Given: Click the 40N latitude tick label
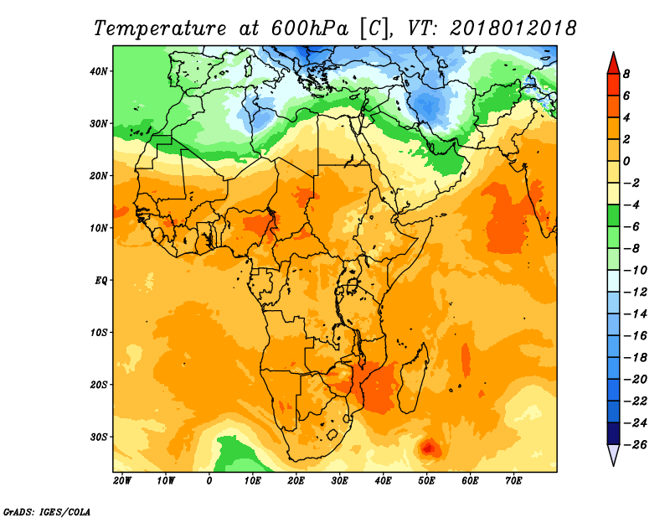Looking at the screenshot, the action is pyautogui.click(x=99, y=71).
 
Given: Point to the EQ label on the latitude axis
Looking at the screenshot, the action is pyautogui.click(x=100, y=281).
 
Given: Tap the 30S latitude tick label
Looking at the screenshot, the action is pyautogui.click(x=99, y=438).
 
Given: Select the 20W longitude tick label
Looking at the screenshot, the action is pyautogui.click(x=122, y=481).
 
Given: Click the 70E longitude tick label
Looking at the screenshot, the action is pyautogui.click(x=513, y=481).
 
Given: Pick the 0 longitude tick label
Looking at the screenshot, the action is pyautogui.click(x=209, y=481).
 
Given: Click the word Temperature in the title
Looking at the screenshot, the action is pyautogui.click(x=160, y=28).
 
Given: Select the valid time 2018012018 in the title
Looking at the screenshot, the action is pyautogui.click(x=513, y=28).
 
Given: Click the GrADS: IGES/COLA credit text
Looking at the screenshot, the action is pyautogui.click(x=47, y=511).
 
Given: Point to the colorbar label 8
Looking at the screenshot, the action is pyautogui.click(x=626, y=74).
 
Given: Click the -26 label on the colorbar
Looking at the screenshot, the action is pyautogui.click(x=636, y=444).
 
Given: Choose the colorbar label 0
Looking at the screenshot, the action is pyautogui.click(x=626, y=161).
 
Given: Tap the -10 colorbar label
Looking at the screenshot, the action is pyautogui.click(x=636, y=271).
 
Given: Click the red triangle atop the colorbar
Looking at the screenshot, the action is pyautogui.click(x=613, y=64).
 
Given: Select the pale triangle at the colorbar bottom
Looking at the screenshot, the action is pyautogui.click(x=613, y=454).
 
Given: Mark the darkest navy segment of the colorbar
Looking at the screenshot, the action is pyautogui.click(x=613, y=433).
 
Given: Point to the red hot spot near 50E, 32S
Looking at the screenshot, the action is pyautogui.click(x=428, y=448).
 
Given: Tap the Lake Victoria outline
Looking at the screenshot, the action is pyautogui.click(x=352, y=285).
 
